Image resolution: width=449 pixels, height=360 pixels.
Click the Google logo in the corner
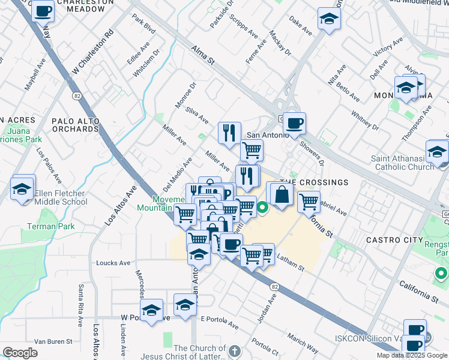click(20, 353)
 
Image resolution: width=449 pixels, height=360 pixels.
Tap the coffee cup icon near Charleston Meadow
click(43, 11)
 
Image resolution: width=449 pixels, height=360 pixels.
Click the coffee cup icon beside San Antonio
click(294, 124)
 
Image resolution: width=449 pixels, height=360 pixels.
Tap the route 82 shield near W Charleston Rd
click(77, 95)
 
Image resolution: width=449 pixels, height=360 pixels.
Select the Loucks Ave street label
click(113, 263)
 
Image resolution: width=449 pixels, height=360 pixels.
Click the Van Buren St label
click(53, 341)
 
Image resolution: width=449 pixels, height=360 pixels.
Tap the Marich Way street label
click(303, 346)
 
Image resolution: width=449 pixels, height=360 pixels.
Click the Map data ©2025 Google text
click(412, 355)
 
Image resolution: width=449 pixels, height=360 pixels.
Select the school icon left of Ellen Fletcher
click(23, 189)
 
